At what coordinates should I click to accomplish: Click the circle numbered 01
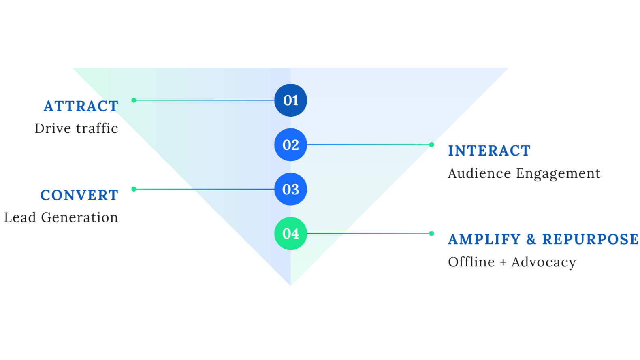pyautogui.click(x=291, y=100)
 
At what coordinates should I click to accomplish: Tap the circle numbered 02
pyautogui.click(x=291, y=145)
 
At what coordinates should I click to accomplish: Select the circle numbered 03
pyautogui.click(x=291, y=189)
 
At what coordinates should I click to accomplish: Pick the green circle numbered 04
pyautogui.click(x=291, y=234)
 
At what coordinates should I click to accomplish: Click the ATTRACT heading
pyautogui.click(x=81, y=106)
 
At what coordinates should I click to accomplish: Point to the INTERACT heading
pyautogui.click(x=489, y=151)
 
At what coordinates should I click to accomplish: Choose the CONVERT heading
pyautogui.click(x=79, y=195)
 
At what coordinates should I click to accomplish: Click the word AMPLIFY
pyautogui.click(x=484, y=239)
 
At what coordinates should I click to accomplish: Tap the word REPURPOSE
pyautogui.click(x=590, y=239)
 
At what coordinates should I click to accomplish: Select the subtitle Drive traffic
pyautogui.click(x=76, y=128)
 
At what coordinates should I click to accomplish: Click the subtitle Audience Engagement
pyautogui.click(x=524, y=173)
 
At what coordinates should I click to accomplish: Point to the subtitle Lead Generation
pyautogui.click(x=61, y=217)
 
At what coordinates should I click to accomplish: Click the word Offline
pyautogui.click(x=471, y=262)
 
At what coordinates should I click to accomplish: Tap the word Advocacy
pyautogui.click(x=543, y=262)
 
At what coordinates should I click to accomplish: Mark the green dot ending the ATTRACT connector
pyautogui.click(x=134, y=100)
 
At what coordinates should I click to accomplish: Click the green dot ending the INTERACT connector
pyautogui.click(x=432, y=145)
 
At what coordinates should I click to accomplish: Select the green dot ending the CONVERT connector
pyautogui.click(x=134, y=189)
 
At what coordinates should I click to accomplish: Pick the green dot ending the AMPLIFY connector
pyautogui.click(x=432, y=234)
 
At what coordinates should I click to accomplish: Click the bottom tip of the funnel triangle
pyautogui.click(x=291, y=284)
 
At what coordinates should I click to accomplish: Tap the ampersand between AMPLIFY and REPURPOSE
pyautogui.click(x=531, y=239)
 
